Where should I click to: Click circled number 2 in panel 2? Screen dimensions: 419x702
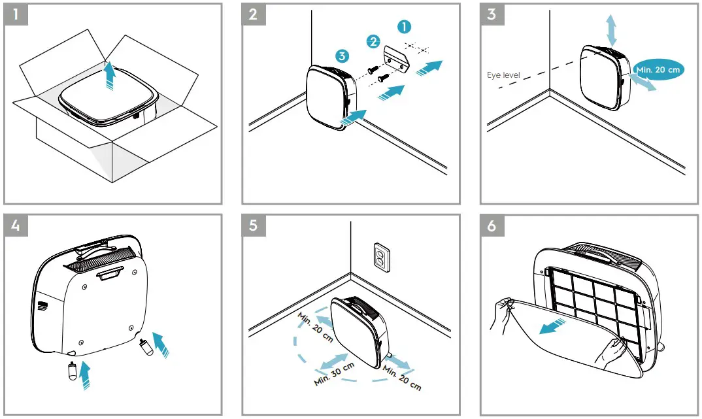coord(373,42)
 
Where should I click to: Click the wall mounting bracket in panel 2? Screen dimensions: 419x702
coord(394,57)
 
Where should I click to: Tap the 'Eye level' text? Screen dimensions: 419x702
coord(503,76)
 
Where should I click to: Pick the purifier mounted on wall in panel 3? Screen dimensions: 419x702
coord(605,77)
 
